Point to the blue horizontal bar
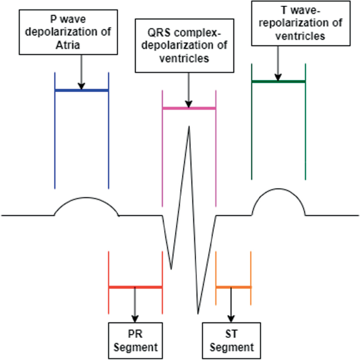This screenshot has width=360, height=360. click(x=81, y=90)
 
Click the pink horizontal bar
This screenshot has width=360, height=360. click(x=189, y=108)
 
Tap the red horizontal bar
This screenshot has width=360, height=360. click(x=135, y=287)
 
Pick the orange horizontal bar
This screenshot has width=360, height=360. click(x=233, y=287)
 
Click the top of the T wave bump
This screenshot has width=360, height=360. click(x=279, y=192)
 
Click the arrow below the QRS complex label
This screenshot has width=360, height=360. click(x=189, y=90)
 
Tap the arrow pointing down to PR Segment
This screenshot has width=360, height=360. click(x=135, y=305)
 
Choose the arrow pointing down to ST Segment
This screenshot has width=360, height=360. click(x=231, y=305)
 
